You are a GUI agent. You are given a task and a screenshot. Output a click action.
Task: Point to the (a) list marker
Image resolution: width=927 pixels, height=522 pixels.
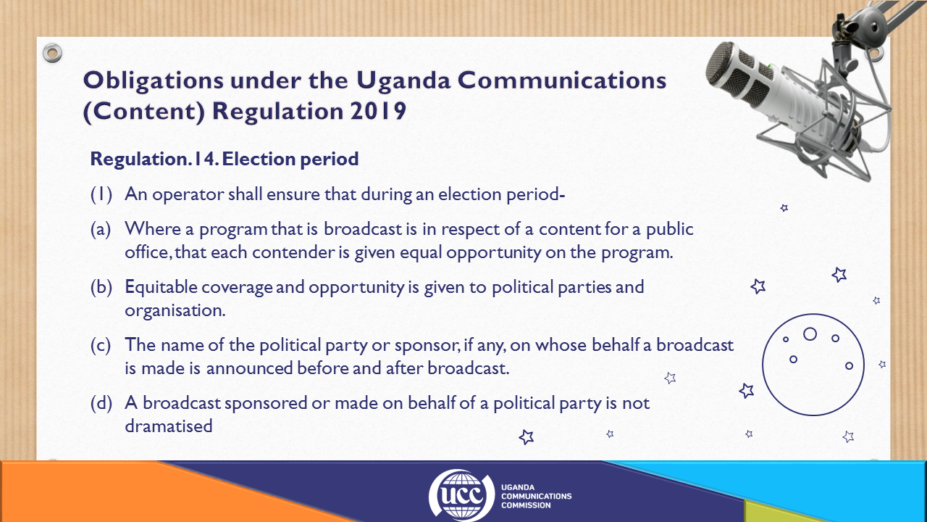[x=101, y=230]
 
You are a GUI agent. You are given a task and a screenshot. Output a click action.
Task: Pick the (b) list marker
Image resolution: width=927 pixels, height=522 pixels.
[x=101, y=288]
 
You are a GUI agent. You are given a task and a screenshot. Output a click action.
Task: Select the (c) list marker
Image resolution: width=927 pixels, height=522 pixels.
[x=101, y=346]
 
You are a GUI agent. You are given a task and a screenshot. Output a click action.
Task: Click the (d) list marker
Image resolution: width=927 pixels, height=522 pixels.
[x=101, y=404]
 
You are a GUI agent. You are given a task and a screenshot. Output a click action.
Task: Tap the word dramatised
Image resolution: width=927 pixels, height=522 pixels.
[x=169, y=426]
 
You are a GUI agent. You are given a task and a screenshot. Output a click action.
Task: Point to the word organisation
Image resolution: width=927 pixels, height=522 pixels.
[x=175, y=310]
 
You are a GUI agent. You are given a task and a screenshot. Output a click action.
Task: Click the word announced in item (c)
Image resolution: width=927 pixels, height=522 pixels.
[x=249, y=368]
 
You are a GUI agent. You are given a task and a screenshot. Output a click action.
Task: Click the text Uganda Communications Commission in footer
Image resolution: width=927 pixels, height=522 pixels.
[x=537, y=497]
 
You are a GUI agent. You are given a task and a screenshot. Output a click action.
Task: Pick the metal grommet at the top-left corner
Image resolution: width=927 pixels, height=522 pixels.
[x=52, y=53]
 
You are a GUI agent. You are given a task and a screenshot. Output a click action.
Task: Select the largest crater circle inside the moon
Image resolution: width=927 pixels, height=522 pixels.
[x=810, y=334]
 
